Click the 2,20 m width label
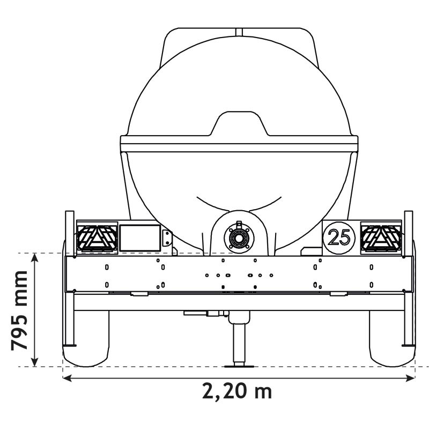pyautogui.click(x=237, y=391)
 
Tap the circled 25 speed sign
pyautogui.click(x=339, y=236)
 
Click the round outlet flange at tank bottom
pyautogui.click(x=238, y=236)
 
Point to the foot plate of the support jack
pyautogui.click(x=238, y=366)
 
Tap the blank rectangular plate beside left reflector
pyautogui.click(x=139, y=238)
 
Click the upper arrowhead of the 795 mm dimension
pyautogui.click(x=35, y=258)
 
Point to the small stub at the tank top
pyautogui.click(x=239, y=31)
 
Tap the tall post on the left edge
pyautogui.click(x=69, y=279)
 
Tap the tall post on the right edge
pyautogui.click(x=408, y=279)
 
